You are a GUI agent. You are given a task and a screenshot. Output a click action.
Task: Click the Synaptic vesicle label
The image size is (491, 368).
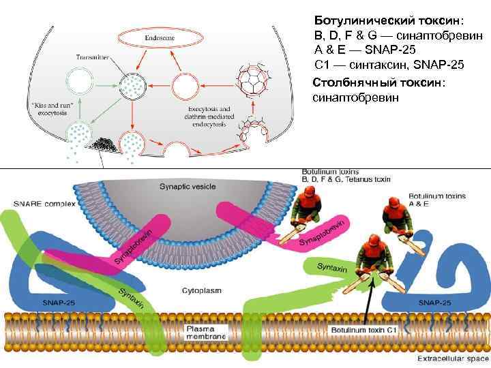coord(187,185)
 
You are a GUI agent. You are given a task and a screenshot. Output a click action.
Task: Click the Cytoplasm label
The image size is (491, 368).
coord(202,290)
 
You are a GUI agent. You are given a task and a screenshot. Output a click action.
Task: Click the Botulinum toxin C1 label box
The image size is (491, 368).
coord(364,330)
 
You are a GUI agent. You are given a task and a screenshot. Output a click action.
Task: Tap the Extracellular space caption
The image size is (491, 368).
coord(453,357)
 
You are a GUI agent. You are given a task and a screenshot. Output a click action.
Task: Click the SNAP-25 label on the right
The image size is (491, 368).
coord(434,302)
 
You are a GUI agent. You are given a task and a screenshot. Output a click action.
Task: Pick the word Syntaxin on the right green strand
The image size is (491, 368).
coord(332,269)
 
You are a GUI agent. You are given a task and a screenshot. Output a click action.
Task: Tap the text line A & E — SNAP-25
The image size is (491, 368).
coord(364,50)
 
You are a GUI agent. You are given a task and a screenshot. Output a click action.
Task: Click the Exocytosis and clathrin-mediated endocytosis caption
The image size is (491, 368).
coord(209,115)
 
